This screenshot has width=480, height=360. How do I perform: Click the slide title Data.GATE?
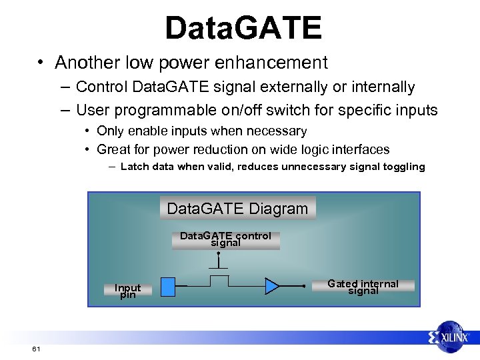pos(243,28)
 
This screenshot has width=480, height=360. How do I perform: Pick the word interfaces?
pos(360,149)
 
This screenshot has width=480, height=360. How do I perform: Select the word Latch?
pos(135,167)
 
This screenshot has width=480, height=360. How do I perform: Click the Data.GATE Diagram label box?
pos(237,209)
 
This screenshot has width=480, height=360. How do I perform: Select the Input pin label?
pos(127,291)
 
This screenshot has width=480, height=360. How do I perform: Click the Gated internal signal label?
pos(363,287)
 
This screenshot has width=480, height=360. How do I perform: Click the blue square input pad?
pos(169,286)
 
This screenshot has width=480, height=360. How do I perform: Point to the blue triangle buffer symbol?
pos(272,286)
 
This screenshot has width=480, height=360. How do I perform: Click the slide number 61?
pos(35,349)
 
